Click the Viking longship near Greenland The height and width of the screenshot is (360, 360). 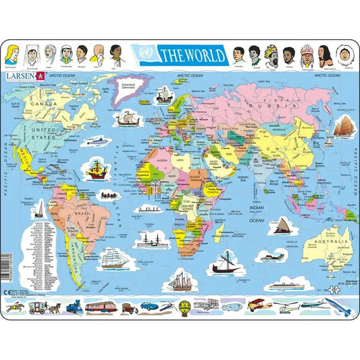129,120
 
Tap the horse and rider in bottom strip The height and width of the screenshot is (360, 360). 13,307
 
